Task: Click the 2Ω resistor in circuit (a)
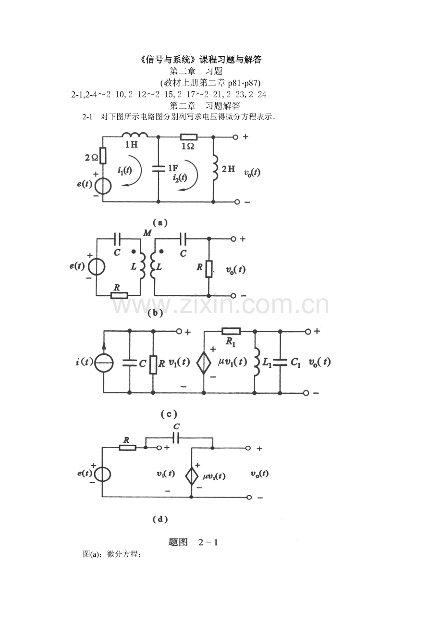pos(103,155)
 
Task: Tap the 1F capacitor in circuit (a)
pos(158,168)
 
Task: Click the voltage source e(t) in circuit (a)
pos(103,185)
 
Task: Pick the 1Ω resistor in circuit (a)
pos(188,137)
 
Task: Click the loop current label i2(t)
pos(180,177)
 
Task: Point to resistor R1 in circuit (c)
pos(231,331)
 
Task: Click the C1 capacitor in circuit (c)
pos(281,362)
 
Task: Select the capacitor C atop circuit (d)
pos(176,438)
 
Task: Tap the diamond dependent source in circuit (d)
pos(192,476)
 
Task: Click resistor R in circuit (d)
pos(127,448)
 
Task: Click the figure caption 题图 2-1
pos(194,542)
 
